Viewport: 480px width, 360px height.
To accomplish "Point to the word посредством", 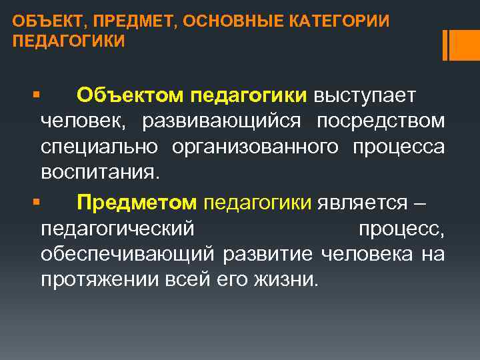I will point(380,121).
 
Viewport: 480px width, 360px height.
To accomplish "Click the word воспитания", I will point(100,172).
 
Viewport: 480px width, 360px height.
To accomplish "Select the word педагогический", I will point(117,228).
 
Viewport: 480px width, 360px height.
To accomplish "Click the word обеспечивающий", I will point(127,253).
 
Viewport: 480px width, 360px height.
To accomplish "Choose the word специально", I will point(99,147).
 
